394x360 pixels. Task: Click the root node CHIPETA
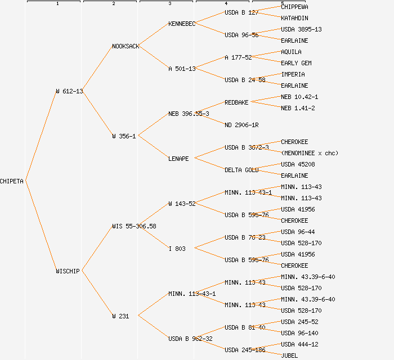point(12,181)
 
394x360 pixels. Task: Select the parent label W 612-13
point(69,91)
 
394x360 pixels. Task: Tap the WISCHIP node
point(68,271)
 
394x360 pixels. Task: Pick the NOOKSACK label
point(126,46)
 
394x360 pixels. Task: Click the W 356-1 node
point(124,136)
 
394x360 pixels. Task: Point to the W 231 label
point(120,316)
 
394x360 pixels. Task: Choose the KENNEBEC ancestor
point(182,24)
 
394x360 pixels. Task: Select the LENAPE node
point(178,159)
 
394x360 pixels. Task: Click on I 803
point(177,249)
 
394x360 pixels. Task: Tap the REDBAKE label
point(236,102)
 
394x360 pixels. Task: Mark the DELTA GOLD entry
point(241,170)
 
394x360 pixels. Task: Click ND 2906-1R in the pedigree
point(241,125)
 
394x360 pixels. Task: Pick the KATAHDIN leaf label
point(294,18)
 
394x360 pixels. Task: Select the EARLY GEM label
point(296,63)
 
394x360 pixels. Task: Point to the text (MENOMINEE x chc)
point(310,153)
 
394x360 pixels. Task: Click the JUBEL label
point(289,355)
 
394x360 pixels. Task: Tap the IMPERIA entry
point(293,74)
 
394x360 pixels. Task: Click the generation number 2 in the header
point(113,4)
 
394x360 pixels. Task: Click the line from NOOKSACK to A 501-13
point(153,57)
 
